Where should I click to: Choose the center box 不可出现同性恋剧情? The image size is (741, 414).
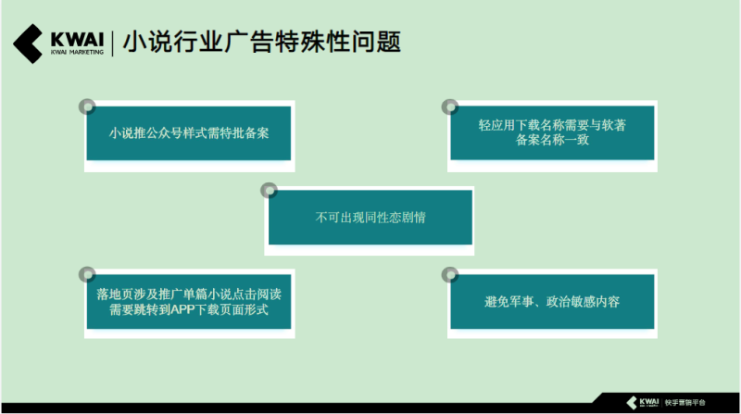[x=370, y=218]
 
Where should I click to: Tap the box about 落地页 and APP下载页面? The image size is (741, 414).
[x=188, y=302]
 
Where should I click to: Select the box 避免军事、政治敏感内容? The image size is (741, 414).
[x=551, y=302]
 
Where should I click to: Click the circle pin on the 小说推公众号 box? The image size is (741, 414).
[x=87, y=106]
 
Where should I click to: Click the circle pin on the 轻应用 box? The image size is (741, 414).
[x=449, y=106]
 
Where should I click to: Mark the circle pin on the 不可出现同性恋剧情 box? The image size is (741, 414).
[x=269, y=190]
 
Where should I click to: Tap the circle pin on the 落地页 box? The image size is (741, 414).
[x=87, y=274]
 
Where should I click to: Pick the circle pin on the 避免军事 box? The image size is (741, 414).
[x=449, y=274]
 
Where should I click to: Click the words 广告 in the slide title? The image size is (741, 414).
[x=244, y=43]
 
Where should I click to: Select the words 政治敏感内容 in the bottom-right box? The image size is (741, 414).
[x=584, y=302]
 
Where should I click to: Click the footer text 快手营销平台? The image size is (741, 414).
[x=685, y=403]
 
